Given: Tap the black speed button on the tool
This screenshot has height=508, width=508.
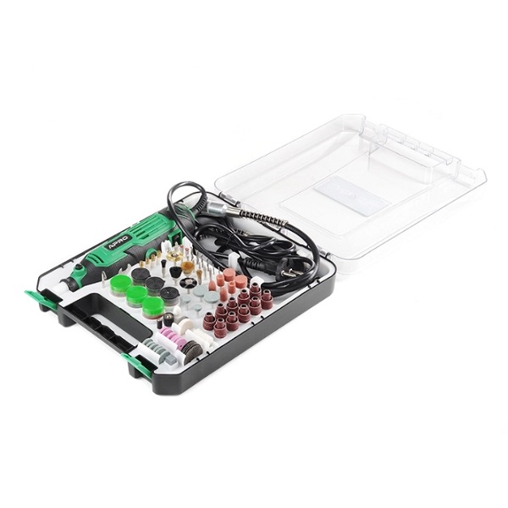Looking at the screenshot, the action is tap(78, 267).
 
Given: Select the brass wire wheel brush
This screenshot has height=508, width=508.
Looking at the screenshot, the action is tap(188, 268).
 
